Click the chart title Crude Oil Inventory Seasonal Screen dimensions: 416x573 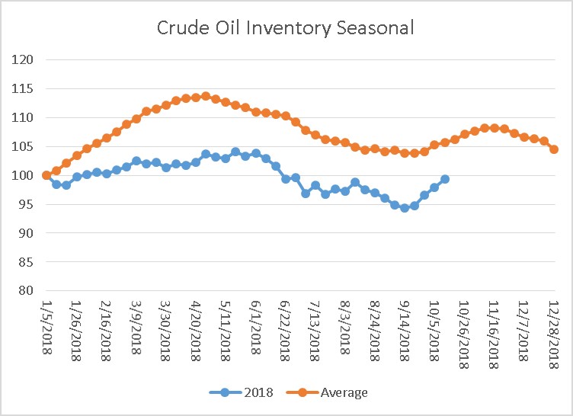coord(286,28)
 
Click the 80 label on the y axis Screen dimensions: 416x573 coord(25,290)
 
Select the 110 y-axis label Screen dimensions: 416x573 coord(22,117)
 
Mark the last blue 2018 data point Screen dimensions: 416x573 coord(445,179)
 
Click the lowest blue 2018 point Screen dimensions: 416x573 coord(405,207)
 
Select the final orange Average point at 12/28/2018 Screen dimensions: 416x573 coord(554,149)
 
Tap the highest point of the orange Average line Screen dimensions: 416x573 coord(206,96)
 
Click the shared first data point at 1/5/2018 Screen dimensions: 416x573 coord(46,175)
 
